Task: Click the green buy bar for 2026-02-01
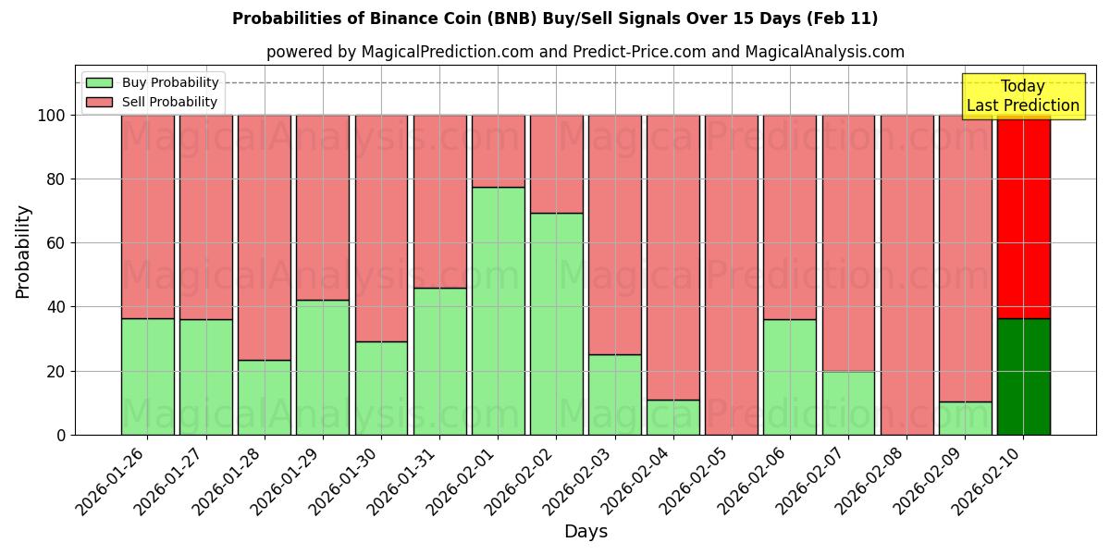point(498,311)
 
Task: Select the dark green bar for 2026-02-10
point(1023,376)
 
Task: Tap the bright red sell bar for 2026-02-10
point(1023,216)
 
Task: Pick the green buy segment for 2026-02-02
point(556,324)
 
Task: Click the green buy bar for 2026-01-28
point(265,397)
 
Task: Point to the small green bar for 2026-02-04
point(673,417)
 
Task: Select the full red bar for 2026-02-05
point(732,275)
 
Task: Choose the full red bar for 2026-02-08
point(906,275)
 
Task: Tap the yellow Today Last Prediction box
point(1022,96)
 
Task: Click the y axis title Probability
point(23,252)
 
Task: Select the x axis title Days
point(586,532)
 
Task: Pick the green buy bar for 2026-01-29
point(323,367)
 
